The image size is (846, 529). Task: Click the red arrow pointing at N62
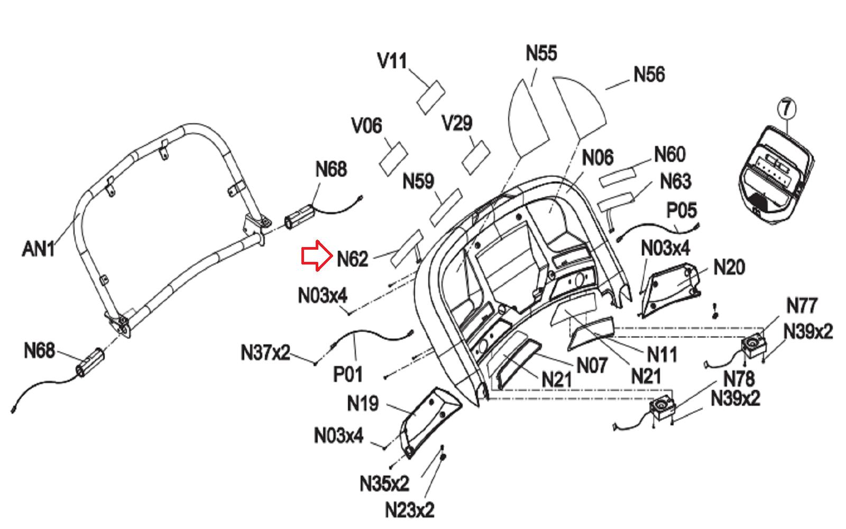317,256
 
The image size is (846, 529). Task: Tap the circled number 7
786,108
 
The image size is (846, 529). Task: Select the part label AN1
39,249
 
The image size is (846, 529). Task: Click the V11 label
392,61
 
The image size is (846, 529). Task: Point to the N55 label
541,53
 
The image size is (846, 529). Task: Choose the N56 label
649,75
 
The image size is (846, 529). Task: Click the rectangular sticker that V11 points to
431,97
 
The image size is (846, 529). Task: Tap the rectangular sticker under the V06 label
393,159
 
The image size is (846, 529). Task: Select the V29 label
457,123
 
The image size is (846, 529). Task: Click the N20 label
729,267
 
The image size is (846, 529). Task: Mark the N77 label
802,305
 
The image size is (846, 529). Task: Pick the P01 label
347,375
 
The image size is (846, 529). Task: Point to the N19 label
363,403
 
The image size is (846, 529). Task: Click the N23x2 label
409,510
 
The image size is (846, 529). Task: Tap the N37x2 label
265,352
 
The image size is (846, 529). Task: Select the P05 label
682,210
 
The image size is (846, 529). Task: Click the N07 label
592,366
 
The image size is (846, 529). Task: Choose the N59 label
418,181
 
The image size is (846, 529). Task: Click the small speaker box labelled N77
753,345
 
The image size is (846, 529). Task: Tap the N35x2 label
384,484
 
